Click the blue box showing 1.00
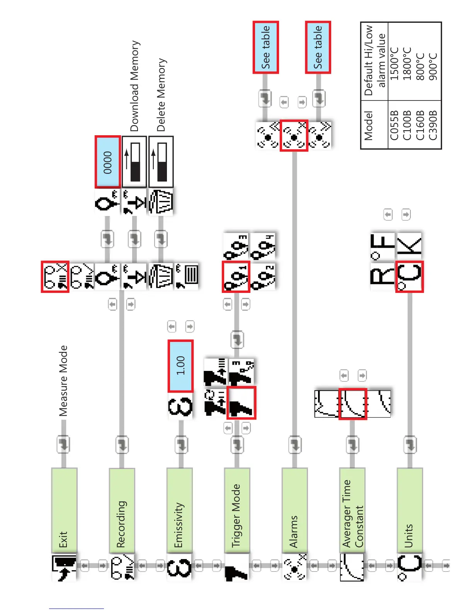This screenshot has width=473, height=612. click(180, 365)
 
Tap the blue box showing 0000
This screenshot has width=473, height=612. click(107, 162)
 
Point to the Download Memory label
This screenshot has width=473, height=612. click(134, 86)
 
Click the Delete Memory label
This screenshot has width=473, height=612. click(161, 95)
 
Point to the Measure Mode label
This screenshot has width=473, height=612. click(63, 381)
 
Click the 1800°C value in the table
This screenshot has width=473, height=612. click(407, 64)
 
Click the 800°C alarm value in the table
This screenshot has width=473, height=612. click(420, 66)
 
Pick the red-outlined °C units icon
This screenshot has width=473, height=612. click(410, 276)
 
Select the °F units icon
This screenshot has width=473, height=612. click(383, 245)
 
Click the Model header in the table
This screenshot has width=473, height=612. click(368, 126)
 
